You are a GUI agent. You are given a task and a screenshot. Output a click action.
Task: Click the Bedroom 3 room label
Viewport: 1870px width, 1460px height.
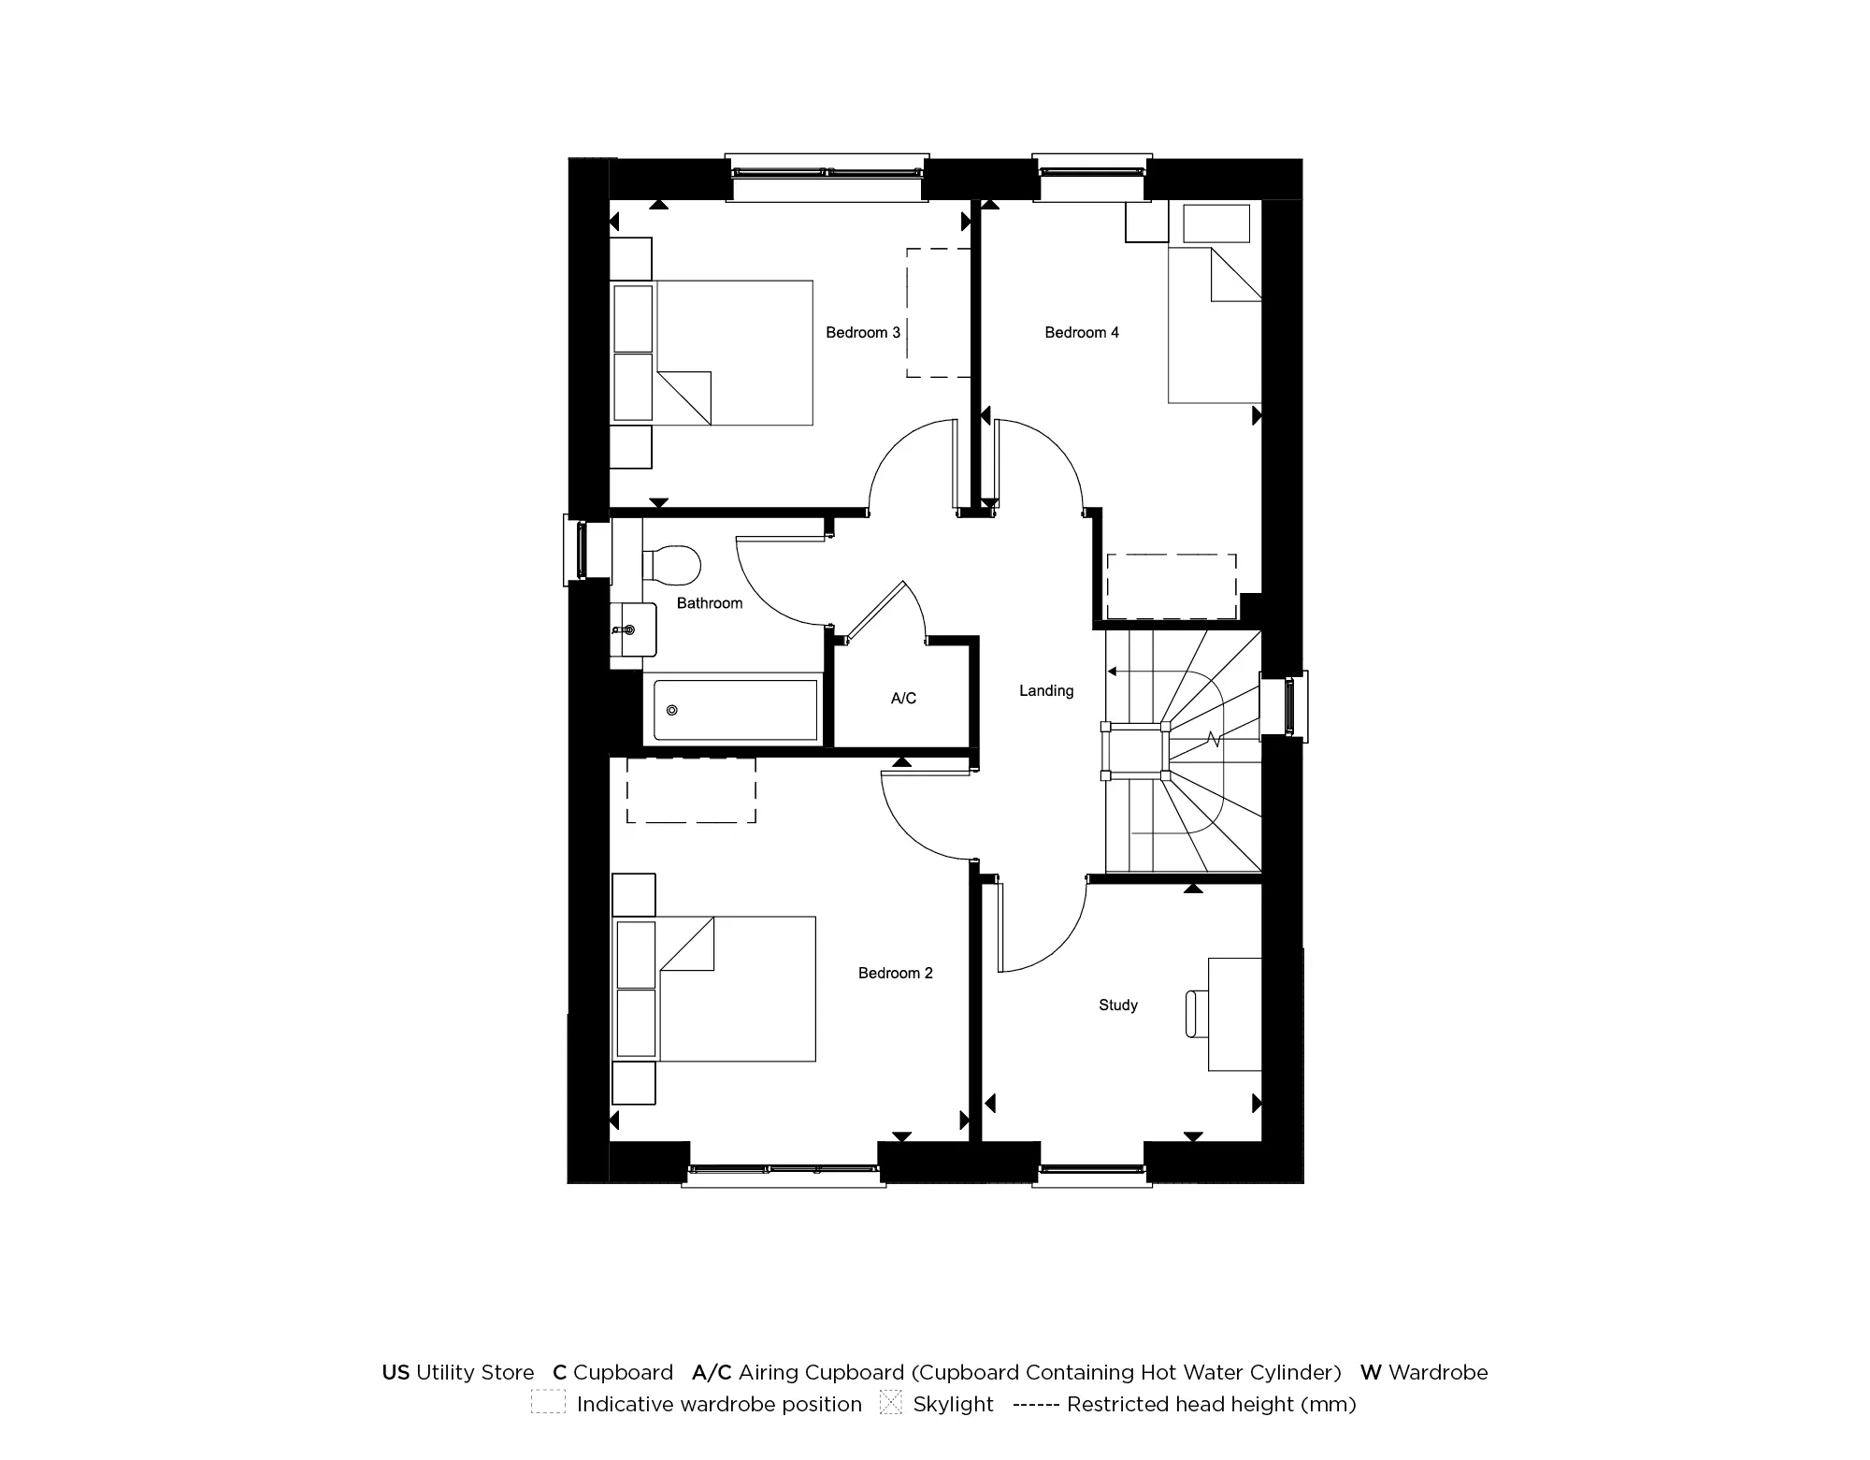[862, 332]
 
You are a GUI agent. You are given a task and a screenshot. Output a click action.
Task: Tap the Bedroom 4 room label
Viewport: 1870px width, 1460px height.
[1081, 332]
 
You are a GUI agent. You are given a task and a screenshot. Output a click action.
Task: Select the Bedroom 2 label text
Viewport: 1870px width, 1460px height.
[895, 973]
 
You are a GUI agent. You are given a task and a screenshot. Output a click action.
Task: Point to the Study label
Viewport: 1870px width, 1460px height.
[1117, 1005]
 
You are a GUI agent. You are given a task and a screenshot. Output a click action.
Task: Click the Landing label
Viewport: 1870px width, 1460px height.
[1045, 690]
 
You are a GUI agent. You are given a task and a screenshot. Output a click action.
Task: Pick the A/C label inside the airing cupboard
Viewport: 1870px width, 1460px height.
[903, 698]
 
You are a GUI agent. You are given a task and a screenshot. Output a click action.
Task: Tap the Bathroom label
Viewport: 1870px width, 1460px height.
[710, 603]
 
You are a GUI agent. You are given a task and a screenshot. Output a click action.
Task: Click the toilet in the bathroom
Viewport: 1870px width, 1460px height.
[673, 564]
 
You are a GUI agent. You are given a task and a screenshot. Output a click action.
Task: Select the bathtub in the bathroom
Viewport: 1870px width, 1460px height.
[735, 710]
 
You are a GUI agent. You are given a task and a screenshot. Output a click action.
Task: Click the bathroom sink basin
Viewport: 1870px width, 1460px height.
[633, 629]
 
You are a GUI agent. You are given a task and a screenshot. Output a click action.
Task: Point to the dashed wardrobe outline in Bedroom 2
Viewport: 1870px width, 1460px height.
[691, 789]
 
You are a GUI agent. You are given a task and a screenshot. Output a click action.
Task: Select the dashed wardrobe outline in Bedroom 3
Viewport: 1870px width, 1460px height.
[938, 312]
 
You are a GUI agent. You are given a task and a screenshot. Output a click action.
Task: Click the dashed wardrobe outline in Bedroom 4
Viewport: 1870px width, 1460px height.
[1172, 586]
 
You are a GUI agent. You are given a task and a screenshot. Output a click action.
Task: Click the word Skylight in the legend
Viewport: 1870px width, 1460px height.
[953, 1404]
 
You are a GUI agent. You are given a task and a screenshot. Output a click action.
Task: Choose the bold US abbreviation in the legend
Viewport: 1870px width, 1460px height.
[396, 1372]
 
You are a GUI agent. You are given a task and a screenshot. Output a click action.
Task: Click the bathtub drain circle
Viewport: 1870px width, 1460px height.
[671, 710]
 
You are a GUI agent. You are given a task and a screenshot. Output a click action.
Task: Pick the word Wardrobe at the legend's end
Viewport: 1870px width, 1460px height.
[1437, 1372]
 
